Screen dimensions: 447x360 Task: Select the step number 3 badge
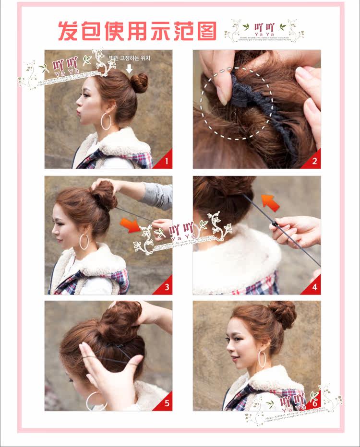pyautogui.click(x=166, y=287)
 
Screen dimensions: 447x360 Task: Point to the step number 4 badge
pyautogui.click(x=314, y=287)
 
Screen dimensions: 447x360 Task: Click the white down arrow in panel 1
pyautogui.click(x=129, y=69)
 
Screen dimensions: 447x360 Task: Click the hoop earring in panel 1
pyautogui.click(x=106, y=121)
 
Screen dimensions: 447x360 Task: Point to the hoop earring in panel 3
pyautogui.click(x=84, y=242)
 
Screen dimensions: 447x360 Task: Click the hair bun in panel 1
pyautogui.click(x=139, y=82)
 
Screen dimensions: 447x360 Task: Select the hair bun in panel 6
pyautogui.click(x=283, y=314)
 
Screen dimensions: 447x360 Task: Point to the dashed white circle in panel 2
pyautogui.click(x=237, y=103)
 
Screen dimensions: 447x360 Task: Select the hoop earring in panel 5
pyautogui.click(x=94, y=401)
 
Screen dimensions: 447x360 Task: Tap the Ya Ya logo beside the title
pyautogui.click(x=264, y=30)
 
